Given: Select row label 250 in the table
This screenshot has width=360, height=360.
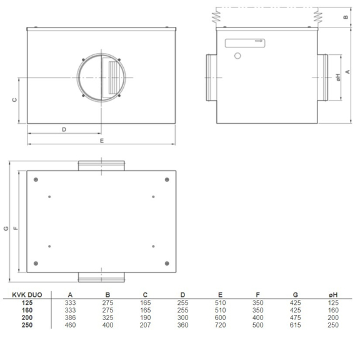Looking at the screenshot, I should (26, 325).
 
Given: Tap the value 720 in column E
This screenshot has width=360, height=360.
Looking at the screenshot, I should (219, 325).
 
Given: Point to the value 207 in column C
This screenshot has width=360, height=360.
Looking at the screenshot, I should (145, 325).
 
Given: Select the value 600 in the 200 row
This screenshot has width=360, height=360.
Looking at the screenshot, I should (219, 317).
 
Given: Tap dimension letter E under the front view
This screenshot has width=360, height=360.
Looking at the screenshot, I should (102, 141).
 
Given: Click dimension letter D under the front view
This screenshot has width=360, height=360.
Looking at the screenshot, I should (64, 129).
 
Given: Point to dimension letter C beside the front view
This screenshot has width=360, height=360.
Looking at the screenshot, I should (14, 100).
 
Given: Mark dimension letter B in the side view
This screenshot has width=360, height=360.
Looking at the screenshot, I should (346, 17).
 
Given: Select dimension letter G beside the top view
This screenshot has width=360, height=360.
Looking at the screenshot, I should (6, 228).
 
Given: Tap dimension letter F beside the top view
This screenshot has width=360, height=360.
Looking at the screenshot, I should (17, 228).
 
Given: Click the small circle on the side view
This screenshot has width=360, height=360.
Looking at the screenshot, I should (237, 56).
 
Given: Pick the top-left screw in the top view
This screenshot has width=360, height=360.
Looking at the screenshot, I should (36, 180).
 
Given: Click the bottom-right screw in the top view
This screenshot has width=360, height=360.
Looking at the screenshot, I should (166, 262).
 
